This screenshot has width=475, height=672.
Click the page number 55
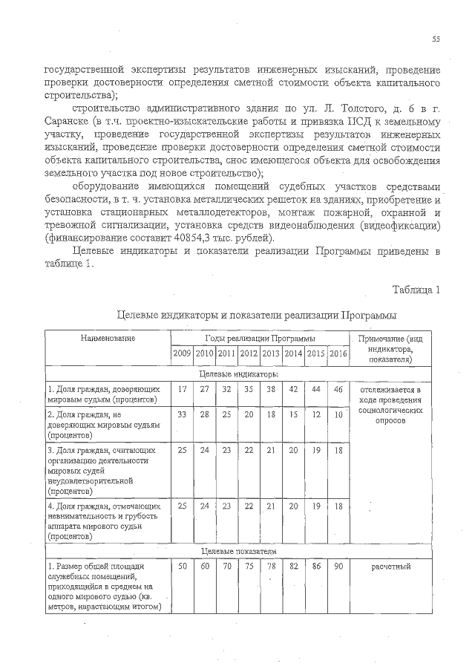pyautogui.click(x=436, y=39)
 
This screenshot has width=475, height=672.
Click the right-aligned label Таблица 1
pyautogui.click(x=416, y=289)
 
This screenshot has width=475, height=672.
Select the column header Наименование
pyautogui.click(x=108, y=339)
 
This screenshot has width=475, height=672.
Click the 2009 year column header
pyautogui.click(x=183, y=353)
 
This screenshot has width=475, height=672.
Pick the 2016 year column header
pyautogui.click(x=338, y=353)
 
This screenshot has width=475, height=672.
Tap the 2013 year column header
pyautogui.click(x=271, y=353)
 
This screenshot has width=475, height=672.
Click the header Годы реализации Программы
pyautogui.click(x=260, y=339)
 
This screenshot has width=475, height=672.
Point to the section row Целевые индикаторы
pyautogui.click(x=239, y=375)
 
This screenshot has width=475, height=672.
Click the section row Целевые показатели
pyautogui.click(x=239, y=552)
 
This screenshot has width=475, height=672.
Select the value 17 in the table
pyautogui.click(x=183, y=389)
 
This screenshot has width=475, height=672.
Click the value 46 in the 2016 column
pyautogui.click(x=338, y=389)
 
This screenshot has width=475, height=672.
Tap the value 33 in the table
pyautogui.click(x=183, y=414)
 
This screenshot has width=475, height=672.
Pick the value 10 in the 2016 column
pyautogui.click(x=338, y=414)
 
